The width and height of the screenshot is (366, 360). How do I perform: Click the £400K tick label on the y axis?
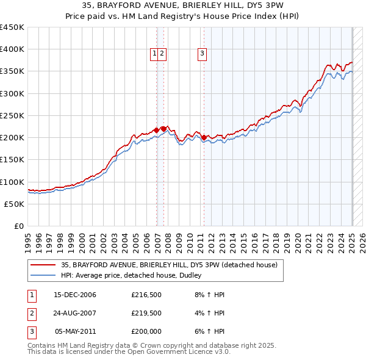coord(12,49)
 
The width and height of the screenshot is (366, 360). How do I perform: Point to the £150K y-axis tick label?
coord(12,160)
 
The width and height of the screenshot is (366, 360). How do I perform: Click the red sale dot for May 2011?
coord(204,137)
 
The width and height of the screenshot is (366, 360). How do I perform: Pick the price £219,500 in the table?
coord(146,314)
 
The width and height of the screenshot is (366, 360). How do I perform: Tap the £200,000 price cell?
coord(146,332)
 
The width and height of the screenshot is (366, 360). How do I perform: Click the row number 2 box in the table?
coord(30,314)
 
